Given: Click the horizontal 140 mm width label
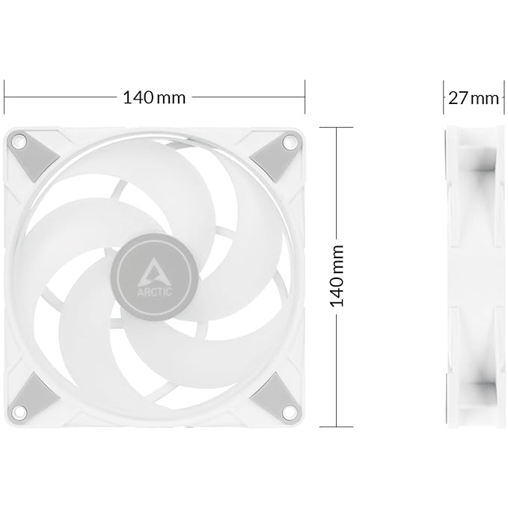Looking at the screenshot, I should point(155,97).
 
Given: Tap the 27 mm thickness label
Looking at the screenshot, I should point(474,97).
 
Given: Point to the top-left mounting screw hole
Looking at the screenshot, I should point(21,140).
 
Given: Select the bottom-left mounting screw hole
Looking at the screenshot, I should point(21,408).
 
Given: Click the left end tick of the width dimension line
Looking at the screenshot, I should point(4,97).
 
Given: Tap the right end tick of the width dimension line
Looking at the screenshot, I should point(305,97).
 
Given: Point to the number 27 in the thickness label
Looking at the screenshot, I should point(459,97).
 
